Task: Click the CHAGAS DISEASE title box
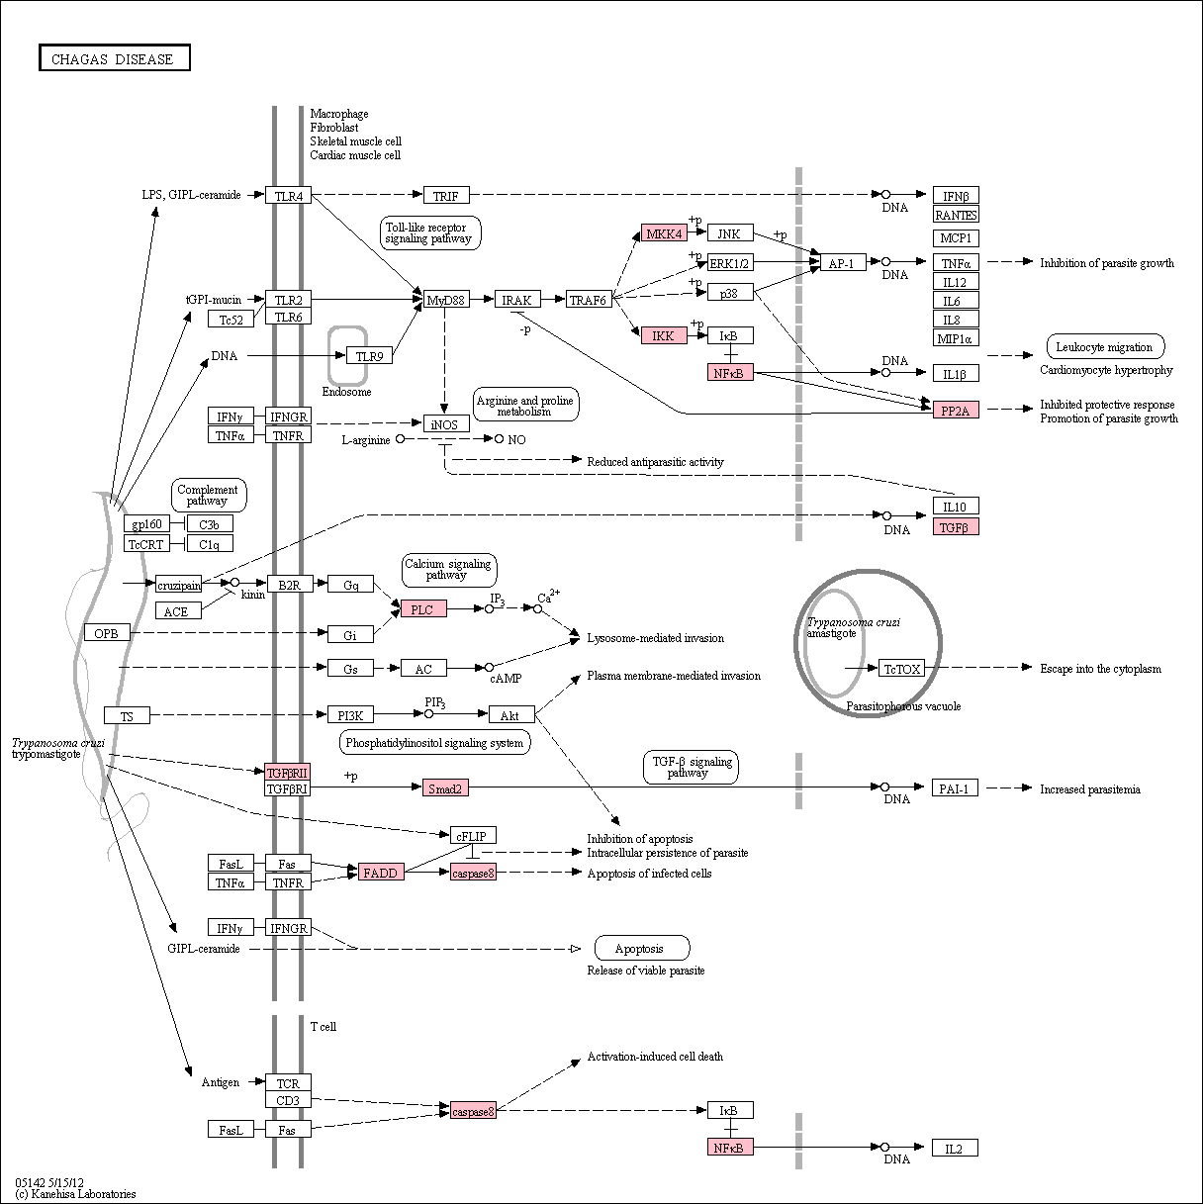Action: coord(115,58)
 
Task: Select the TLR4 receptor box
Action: coord(288,196)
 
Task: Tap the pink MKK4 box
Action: coord(664,233)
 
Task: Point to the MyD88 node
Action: coord(446,300)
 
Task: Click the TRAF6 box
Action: coord(589,300)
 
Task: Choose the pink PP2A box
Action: coord(956,410)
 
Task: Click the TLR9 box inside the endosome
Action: coord(369,355)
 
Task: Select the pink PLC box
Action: coord(423,608)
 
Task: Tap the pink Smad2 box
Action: coord(445,787)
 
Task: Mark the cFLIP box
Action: coord(473,835)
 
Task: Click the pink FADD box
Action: coord(381,872)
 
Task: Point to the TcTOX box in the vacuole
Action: coord(901,668)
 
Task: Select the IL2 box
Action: coord(955,1148)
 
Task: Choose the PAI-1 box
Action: coord(955,787)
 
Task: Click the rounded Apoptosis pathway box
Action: coord(642,948)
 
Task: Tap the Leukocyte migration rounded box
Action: coord(1105,346)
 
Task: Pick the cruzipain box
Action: coord(179,585)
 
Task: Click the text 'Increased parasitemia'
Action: coord(1090,789)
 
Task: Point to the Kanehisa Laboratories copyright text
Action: coord(75,1194)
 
